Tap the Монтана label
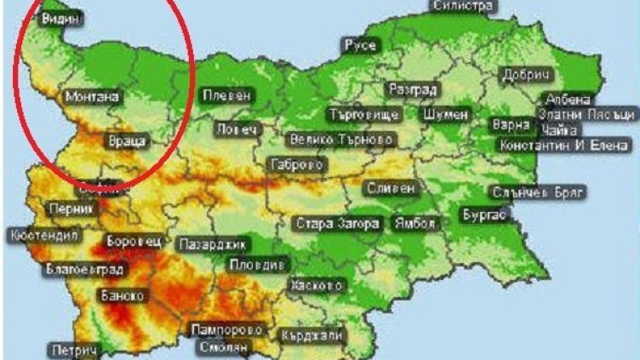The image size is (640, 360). (91, 97)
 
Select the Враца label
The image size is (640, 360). (129, 140)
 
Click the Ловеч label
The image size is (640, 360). (236, 129)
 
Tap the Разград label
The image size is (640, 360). (412, 89)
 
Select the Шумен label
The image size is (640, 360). (444, 113)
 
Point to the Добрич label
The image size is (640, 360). (526, 74)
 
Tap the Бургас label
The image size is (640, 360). (484, 215)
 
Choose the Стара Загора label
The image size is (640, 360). (336, 225)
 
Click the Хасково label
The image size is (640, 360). (317, 284)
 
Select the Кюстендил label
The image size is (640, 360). (43, 235)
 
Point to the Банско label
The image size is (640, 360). (122, 295)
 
